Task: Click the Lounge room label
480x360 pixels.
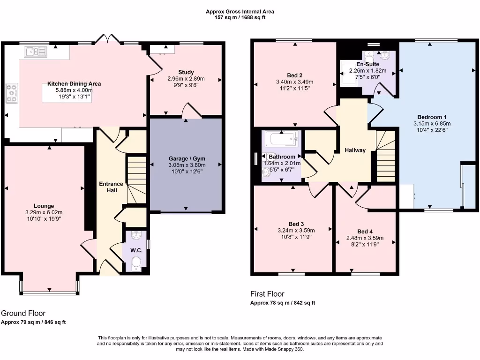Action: coord(44,206)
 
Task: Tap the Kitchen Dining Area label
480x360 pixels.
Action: coord(74,84)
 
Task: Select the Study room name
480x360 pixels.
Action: coord(186,72)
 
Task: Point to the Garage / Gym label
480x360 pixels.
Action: coord(187,158)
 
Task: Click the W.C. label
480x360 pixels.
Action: coord(136,250)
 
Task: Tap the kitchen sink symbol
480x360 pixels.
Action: coord(36,52)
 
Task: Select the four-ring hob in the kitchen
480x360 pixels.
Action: coord(12,93)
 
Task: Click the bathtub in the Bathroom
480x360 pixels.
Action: coord(282,140)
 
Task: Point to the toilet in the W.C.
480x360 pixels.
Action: coord(136,264)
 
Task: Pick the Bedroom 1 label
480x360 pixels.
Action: coord(432,117)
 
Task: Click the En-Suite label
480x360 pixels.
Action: coord(367,64)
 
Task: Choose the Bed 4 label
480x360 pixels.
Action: coord(365,232)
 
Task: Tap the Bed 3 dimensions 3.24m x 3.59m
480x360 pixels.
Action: coord(296,231)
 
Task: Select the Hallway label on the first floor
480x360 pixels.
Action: coord(355,150)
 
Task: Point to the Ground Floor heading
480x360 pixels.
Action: coord(23,313)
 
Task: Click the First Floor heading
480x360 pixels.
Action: coord(267,294)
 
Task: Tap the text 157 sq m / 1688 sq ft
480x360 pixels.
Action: coord(240,18)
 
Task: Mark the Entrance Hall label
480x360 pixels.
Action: coord(111,187)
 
